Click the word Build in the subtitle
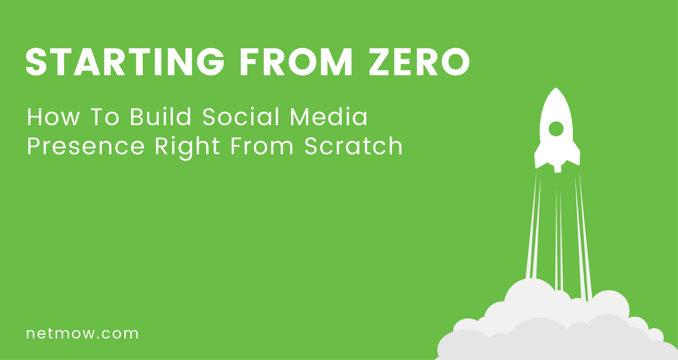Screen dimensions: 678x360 pyautogui.click(x=160, y=117)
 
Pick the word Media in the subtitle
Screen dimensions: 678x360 pyautogui.click(x=329, y=117)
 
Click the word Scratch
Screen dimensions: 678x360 pyautogui.click(x=353, y=146)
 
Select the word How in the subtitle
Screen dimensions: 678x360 pyautogui.click(x=53, y=117)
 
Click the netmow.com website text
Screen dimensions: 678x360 pyautogui.click(x=82, y=334)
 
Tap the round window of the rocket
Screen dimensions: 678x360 pyautogui.click(x=556, y=129)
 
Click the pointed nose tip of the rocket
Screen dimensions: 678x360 pyautogui.click(x=556, y=88)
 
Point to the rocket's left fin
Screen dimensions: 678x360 pyautogui.click(x=538, y=157)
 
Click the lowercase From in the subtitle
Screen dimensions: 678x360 pyautogui.click(x=262, y=146)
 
